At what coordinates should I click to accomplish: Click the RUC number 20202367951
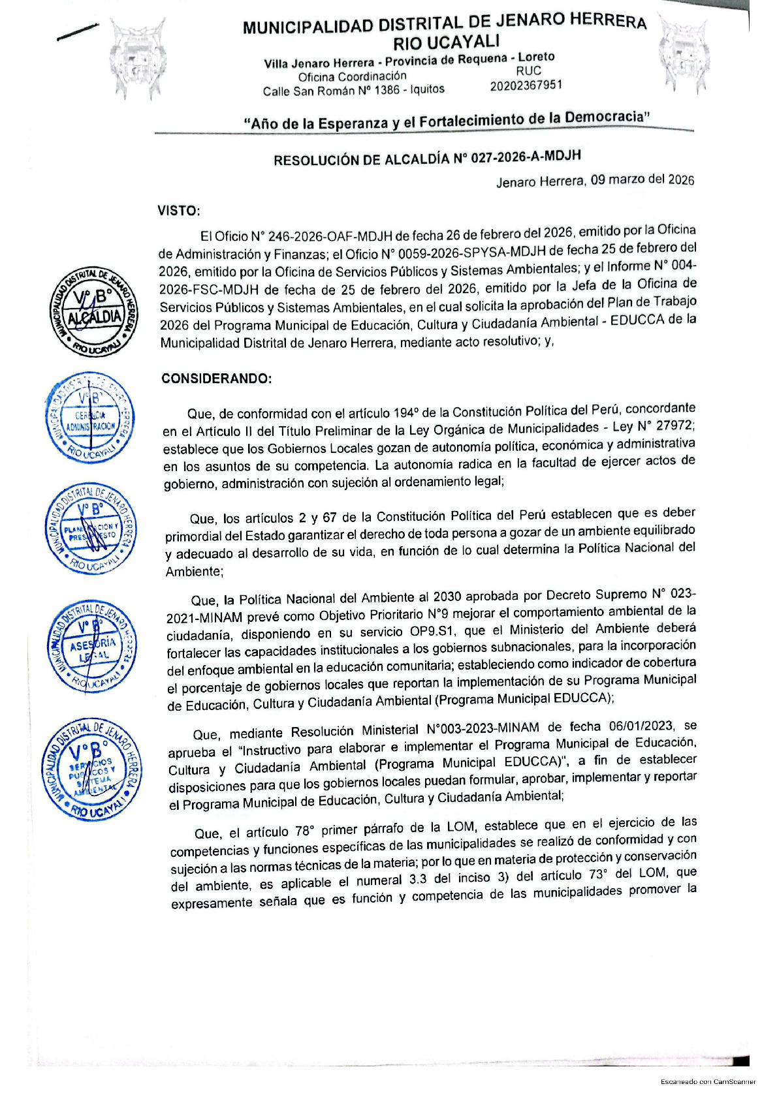point(526,85)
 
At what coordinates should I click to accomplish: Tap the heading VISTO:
point(178,211)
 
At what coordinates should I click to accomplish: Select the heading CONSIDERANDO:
point(216,379)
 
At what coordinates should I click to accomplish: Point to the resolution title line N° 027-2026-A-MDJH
point(427,159)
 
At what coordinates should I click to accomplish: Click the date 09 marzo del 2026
point(642,179)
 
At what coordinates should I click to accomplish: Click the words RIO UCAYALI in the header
point(446,42)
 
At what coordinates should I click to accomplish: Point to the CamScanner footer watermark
point(708,1081)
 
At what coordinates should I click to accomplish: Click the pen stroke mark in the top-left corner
point(77,31)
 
